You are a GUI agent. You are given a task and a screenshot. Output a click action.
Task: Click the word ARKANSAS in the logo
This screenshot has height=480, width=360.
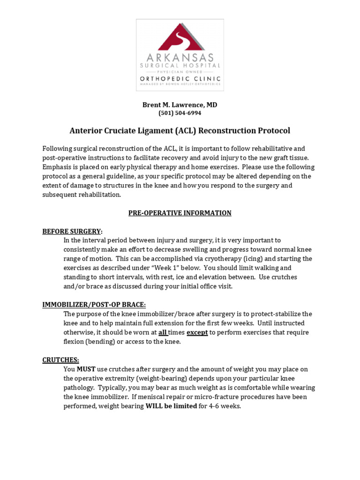click(180, 58)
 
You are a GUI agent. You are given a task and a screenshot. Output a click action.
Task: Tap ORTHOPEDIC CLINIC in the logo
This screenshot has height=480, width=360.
click(180, 78)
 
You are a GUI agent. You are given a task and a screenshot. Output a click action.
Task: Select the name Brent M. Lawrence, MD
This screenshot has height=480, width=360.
click(180, 105)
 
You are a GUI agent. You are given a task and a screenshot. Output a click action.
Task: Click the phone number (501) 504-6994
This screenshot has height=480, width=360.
click(180, 113)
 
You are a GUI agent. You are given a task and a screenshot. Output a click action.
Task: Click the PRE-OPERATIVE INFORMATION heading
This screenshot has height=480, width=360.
click(180, 213)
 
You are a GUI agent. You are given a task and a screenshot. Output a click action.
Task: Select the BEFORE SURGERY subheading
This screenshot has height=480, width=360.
click(71, 231)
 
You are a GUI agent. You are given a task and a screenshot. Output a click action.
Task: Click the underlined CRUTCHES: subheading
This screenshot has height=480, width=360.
click(60, 360)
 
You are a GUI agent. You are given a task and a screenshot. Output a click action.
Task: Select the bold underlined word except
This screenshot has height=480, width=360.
click(197, 332)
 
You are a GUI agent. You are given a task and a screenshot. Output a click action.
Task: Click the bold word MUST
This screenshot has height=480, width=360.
click(86, 369)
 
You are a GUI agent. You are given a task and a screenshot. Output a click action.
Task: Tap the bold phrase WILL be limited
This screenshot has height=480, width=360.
click(171, 406)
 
